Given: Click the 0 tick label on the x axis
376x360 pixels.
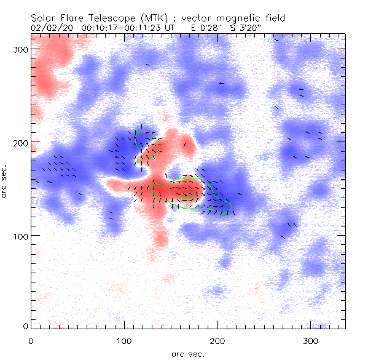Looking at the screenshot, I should click(x=31, y=340).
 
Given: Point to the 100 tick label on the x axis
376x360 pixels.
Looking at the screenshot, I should click(x=124, y=340).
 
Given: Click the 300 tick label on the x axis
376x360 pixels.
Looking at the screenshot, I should click(x=311, y=340).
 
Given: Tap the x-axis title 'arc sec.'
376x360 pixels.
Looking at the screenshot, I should click(x=187, y=353).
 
